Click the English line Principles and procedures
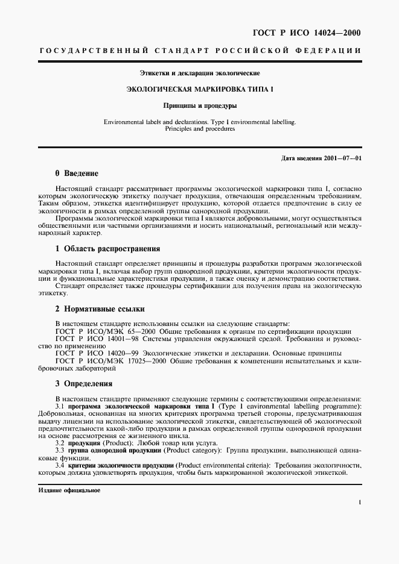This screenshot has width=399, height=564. (199, 129)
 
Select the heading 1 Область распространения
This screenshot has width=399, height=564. (107, 248)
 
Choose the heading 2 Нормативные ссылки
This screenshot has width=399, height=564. (100, 309)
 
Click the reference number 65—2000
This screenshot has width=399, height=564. (137, 331)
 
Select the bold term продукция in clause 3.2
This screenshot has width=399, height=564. (85, 443)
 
